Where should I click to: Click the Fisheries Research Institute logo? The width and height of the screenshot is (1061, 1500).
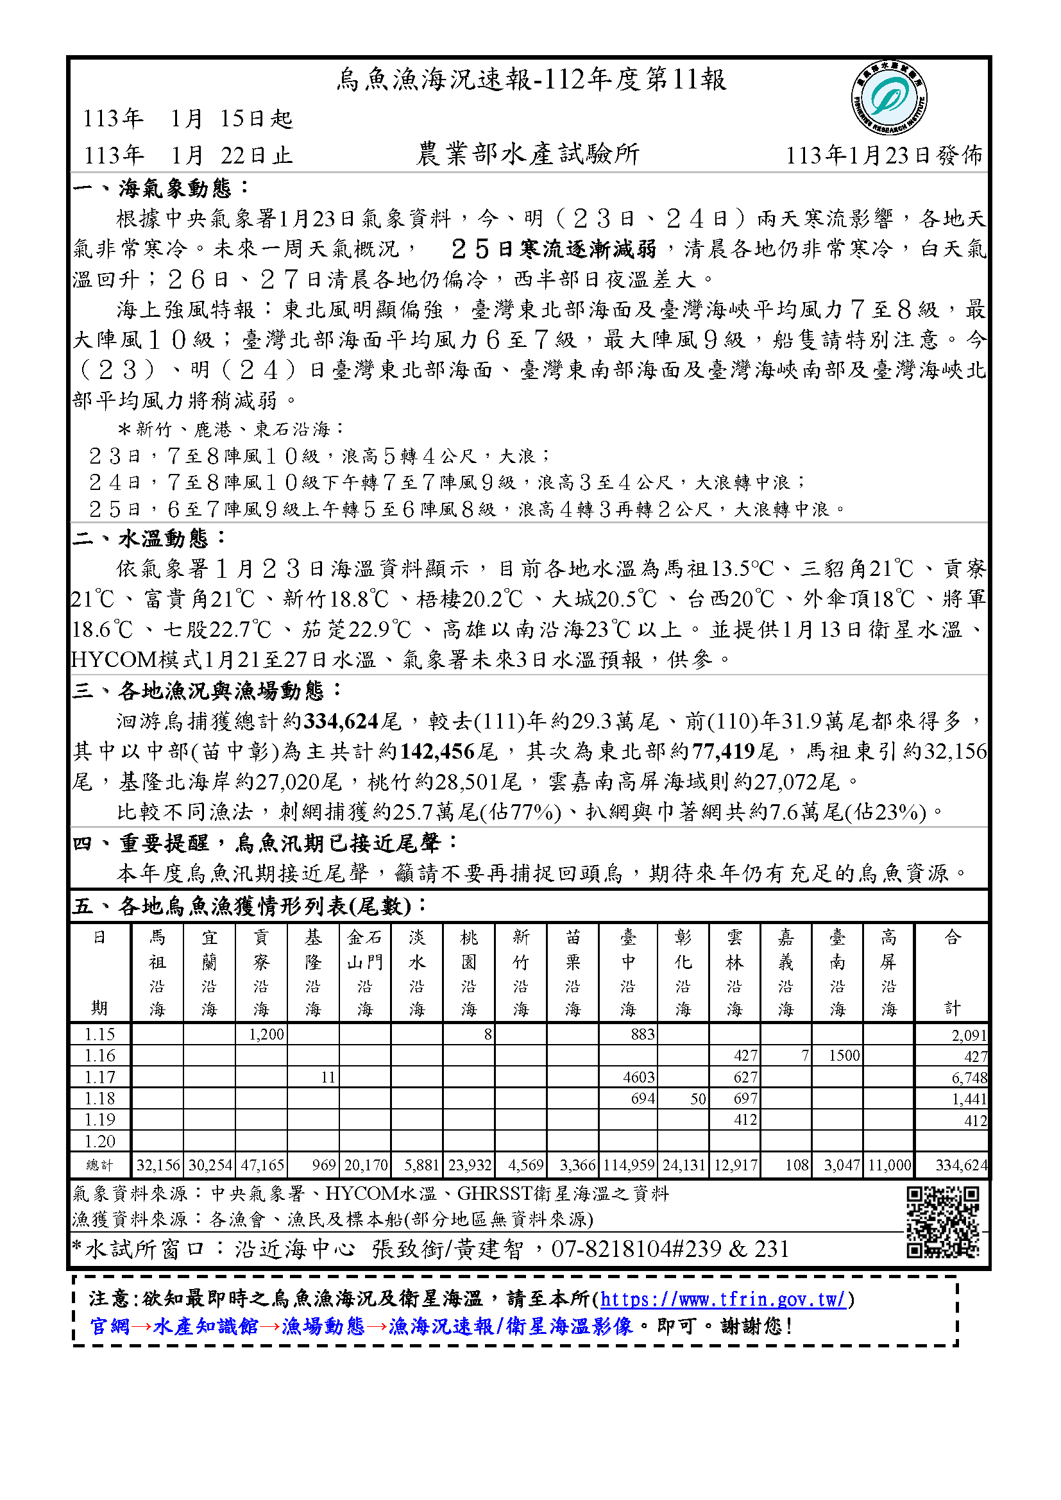[x=888, y=99]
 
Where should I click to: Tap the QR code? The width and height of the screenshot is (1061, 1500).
[x=942, y=1222]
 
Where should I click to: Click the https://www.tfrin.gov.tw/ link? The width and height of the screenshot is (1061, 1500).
[x=723, y=1299]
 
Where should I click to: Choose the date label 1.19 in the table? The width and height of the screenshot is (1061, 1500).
[x=99, y=1120]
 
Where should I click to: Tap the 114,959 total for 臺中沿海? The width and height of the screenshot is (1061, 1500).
[x=629, y=1165]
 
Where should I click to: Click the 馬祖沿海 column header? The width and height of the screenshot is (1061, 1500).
[x=157, y=973]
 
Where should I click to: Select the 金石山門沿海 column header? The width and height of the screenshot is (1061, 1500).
[x=364, y=973]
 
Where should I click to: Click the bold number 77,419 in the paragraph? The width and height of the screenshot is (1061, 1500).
[x=723, y=752]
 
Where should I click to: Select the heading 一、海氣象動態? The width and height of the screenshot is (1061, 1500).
[x=161, y=188]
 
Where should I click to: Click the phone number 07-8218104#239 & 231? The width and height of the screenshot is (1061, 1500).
[x=670, y=1249]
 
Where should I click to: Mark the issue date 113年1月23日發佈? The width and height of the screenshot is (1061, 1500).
[x=883, y=155]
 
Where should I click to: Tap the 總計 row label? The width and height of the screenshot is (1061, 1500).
[x=99, y=1165]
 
